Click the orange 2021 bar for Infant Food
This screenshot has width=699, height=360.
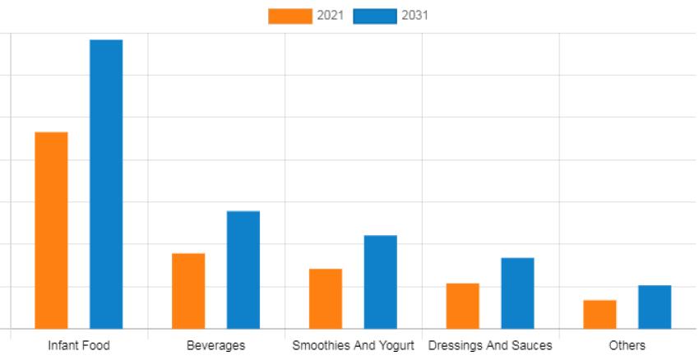[51, 230]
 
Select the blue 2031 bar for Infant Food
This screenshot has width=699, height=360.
[106, 184]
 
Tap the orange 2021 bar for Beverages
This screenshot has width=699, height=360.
[188, 291]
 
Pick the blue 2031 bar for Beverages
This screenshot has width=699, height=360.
[243, 270]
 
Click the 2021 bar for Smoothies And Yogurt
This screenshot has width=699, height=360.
[326, 298]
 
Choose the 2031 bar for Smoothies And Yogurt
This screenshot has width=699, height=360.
[380, 282]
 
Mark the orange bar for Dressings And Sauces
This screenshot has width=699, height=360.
[463, 306]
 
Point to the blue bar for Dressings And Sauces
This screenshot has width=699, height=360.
[517, 293]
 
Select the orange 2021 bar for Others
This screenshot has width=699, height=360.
[599, 314]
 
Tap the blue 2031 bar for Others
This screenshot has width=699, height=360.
[655, 307]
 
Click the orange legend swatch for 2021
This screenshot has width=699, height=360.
[290, 16]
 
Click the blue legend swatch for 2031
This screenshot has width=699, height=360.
[375, 16]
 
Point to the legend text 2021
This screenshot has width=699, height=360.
[331, 16]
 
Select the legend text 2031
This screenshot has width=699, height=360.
[415, 16]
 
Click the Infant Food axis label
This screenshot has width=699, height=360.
[79, 345]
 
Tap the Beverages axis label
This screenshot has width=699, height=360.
[215, 345]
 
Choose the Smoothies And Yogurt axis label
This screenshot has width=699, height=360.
[353, 345]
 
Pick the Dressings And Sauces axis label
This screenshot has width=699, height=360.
[490, 345]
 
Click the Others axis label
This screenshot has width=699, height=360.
[627, 345]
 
